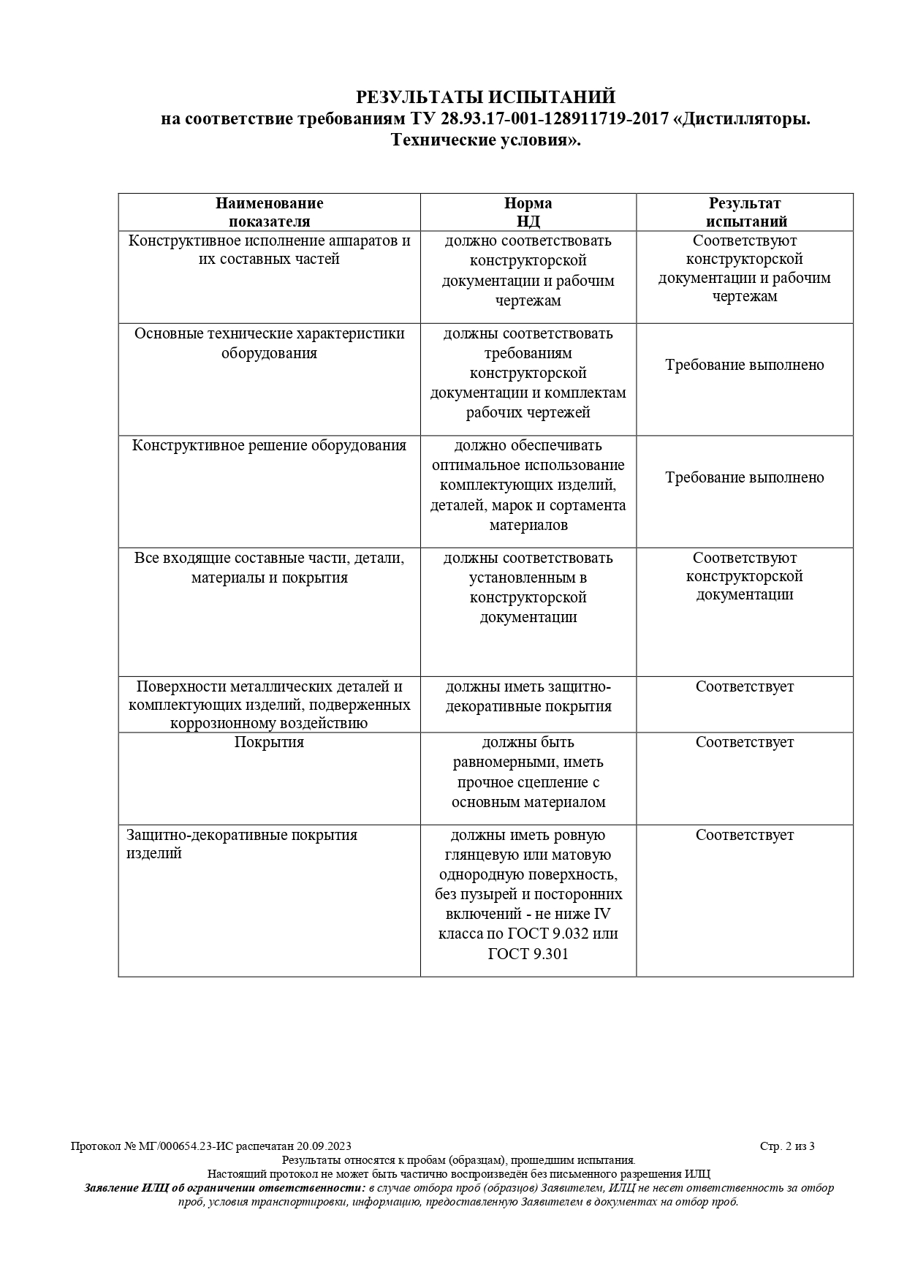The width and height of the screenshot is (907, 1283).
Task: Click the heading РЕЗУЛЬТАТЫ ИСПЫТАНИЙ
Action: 485,97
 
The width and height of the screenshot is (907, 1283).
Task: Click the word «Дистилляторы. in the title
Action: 745,119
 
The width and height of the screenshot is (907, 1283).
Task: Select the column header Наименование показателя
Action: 269,212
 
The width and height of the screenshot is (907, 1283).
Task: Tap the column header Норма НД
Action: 528,212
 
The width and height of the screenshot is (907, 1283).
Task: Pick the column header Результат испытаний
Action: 745,212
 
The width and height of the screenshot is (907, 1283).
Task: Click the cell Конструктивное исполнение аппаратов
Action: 269,249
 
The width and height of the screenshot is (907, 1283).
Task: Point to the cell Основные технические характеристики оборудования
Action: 269,343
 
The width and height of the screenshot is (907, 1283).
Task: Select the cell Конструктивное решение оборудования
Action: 269,446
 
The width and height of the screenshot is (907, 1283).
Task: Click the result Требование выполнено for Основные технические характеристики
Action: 744,365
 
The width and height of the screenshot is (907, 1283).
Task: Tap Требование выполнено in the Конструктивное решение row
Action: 744,477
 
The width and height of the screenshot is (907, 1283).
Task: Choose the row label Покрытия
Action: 269,742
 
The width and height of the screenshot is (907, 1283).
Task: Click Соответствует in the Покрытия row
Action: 744,742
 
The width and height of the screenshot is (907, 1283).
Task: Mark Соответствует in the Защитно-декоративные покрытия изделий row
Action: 744,835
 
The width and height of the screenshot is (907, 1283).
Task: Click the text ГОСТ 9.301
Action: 528,954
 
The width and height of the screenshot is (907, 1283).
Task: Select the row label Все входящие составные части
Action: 269,567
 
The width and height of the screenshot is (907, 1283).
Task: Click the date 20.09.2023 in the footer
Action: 324,1146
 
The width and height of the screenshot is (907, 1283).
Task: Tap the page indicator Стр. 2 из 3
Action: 787,1146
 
